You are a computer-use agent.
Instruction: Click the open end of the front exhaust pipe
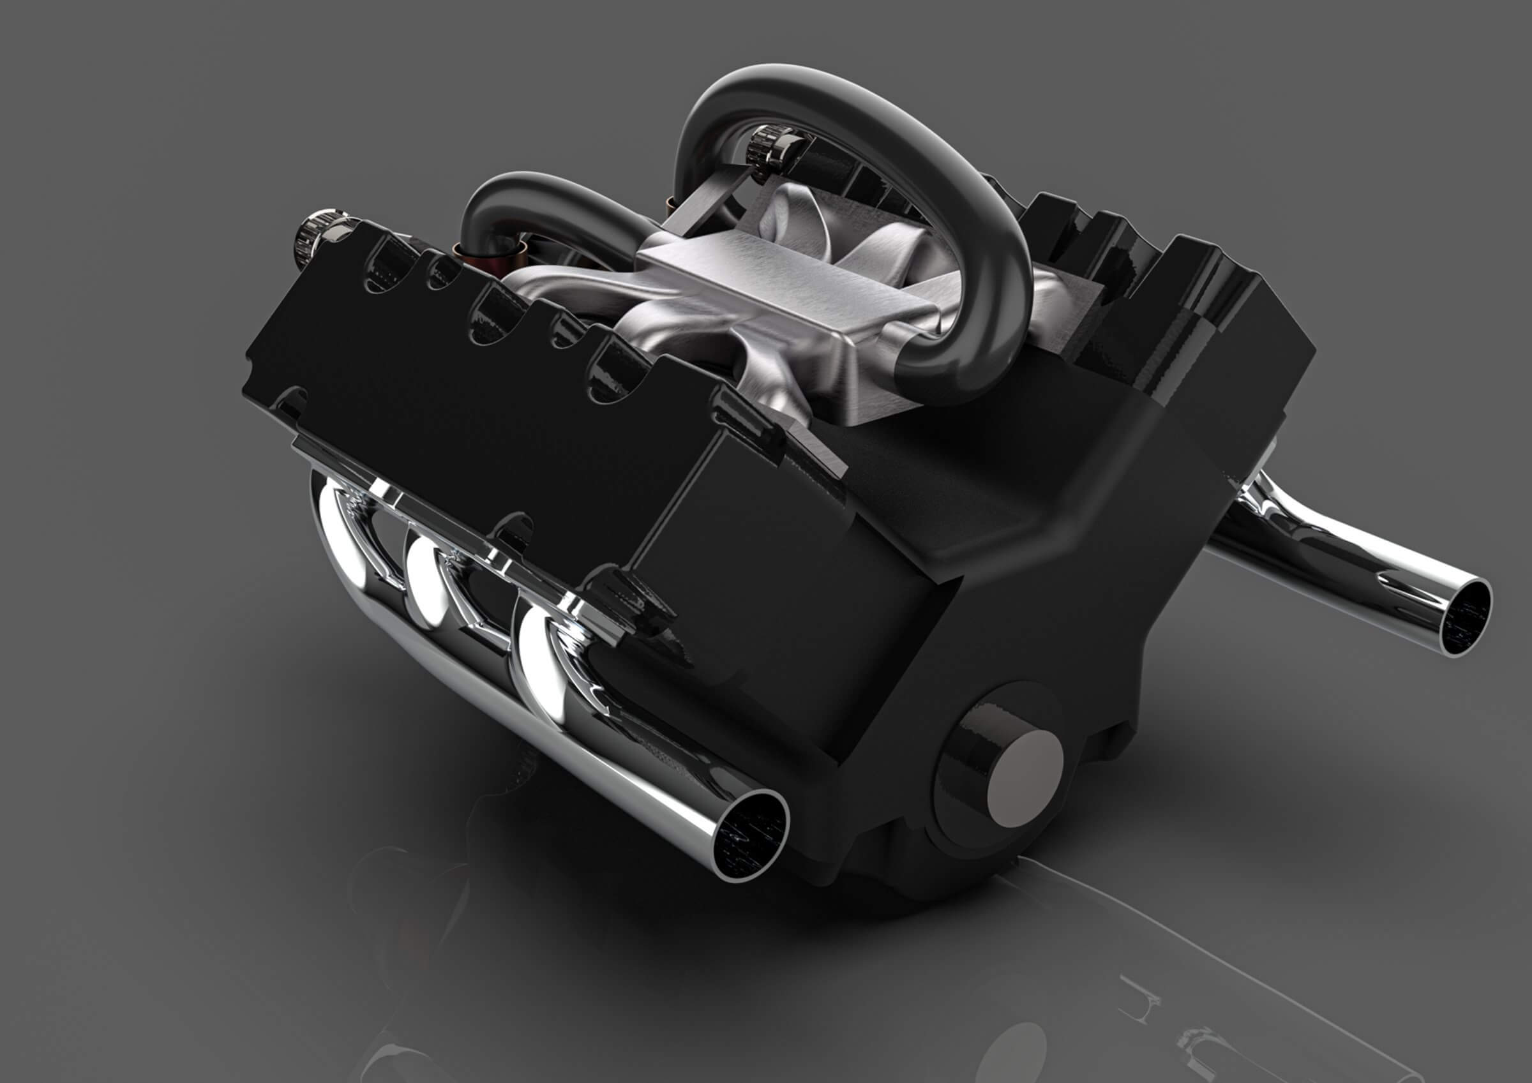coord(751,834)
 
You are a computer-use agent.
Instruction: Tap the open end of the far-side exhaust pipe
coord(1464,618)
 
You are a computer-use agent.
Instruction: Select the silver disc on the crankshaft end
coord(1025,777)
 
